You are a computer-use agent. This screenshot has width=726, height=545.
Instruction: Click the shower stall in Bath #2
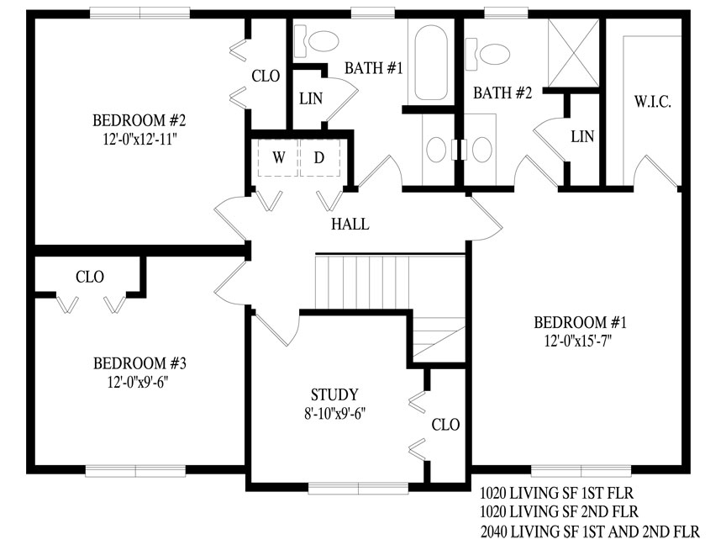(573, 53)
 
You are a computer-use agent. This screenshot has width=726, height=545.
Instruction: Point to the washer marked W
(278, 157)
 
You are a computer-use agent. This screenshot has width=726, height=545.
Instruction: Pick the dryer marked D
(319, 157)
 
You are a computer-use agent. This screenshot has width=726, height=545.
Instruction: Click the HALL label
(350, 225)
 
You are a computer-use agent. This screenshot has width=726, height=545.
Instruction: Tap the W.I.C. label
(653, 102)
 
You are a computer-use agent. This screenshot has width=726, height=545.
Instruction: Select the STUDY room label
(334, 394)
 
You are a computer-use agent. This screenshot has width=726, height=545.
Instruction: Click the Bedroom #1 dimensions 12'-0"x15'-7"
(578, 341)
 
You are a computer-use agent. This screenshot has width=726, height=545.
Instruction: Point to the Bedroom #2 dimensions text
(140, 139)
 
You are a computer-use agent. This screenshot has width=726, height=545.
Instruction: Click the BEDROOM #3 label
(139, 363)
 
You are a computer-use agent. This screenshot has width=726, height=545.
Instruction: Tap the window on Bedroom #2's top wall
(139, 13)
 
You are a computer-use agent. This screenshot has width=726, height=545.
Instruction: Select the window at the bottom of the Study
(358, 488)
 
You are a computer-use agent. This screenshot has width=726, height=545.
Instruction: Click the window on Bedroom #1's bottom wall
(581, 470)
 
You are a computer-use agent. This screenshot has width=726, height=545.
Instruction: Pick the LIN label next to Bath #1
(311, 98)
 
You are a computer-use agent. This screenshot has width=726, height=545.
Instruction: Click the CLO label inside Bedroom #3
(90, 278)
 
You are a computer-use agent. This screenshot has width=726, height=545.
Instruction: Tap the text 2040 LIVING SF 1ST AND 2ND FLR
(590, 531)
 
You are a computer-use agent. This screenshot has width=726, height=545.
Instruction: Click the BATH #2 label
(502, 93)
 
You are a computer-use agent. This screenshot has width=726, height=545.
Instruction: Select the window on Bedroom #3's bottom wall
(135, 471)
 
